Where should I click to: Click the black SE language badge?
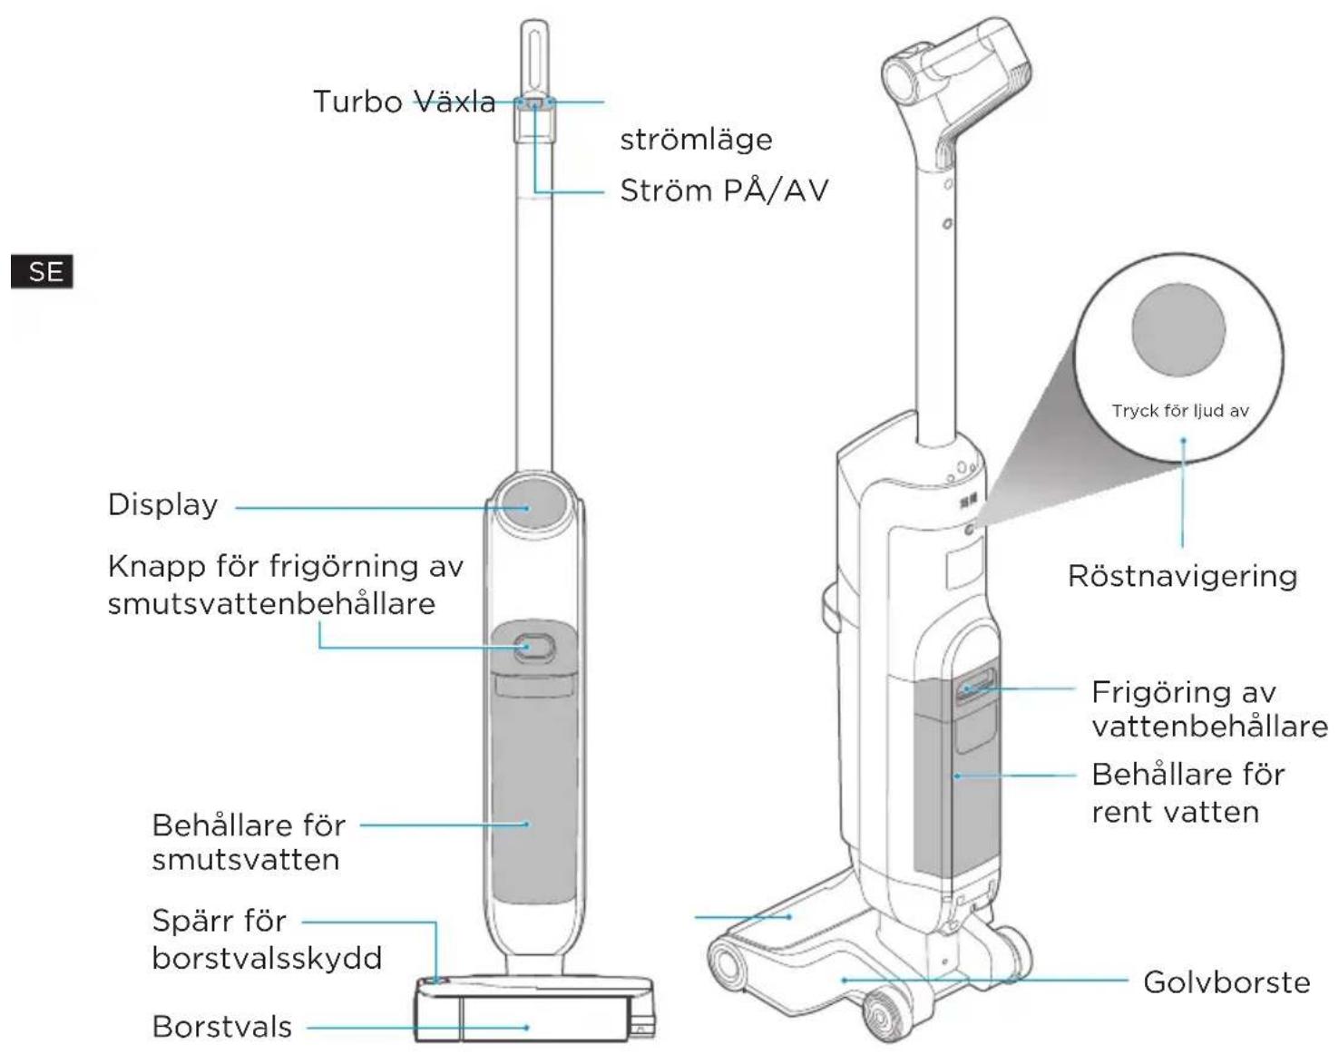click(x=42, y=271)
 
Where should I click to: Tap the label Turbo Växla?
click(x=404, y=102)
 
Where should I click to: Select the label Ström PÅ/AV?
click(x=724, y=190)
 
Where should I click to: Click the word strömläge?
click(x=696, y=140)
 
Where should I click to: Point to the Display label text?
click(x=163, y=504)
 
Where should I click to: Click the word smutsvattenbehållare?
click(x=271, y=603)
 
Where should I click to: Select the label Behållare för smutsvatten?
click(x=249, y=843)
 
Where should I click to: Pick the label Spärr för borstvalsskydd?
click(x=267, y=939)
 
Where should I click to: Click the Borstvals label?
click(x=222, y=1027)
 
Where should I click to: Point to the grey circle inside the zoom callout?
click(x=1178, y=330)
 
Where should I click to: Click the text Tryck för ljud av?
click(x=1180, y=411)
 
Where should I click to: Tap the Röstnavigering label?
click(x=1182, y=576)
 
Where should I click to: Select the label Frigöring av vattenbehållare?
click(x=1209, y=709)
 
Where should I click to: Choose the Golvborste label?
click(x=1227, y=982)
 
